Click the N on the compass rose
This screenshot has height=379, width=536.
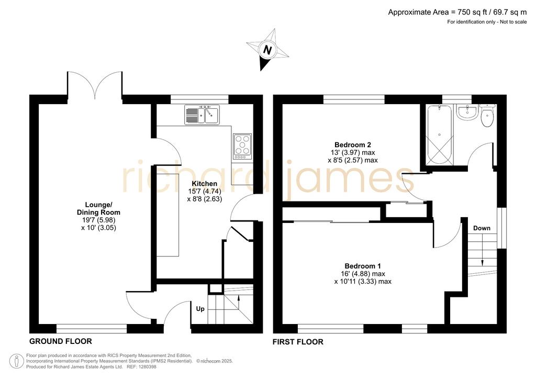coord(267,50)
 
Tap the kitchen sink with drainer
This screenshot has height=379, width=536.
coord(203,115)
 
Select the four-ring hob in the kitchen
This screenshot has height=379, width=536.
coord(242,146)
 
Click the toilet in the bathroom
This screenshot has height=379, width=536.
coord(487,116)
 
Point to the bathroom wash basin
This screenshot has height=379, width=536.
coord(467,112)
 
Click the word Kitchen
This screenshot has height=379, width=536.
coord(205,184)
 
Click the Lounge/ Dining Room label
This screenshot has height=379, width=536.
coord(98,208)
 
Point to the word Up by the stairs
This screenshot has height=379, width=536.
coord(200,309)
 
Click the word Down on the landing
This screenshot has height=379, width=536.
coord(482,228)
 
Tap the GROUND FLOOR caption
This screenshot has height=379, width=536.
coord(61,341)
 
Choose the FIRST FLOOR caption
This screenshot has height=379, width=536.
coord(298,342)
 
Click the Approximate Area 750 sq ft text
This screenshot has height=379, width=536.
coord(457,13)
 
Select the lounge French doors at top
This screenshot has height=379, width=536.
coord(95,84)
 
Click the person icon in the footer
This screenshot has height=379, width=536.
coord(16,361)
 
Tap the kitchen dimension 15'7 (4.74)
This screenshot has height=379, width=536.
coord(205,192)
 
